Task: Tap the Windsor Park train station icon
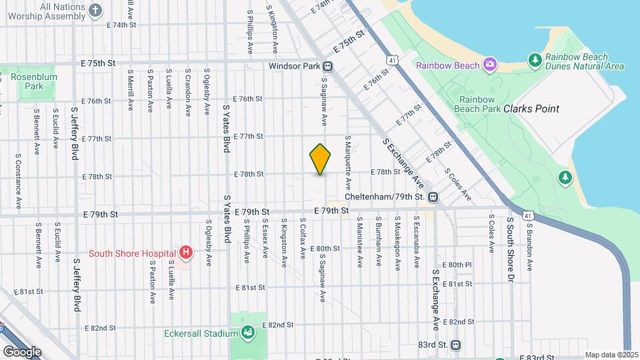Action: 328,66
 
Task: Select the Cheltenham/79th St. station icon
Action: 433,197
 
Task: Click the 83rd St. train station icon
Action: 456,345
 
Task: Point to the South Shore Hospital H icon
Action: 187,253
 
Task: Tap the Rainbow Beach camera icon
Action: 490,65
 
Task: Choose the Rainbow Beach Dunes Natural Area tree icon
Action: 535,61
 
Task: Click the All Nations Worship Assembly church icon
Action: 95,10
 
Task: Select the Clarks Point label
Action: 531,109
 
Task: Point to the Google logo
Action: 22,351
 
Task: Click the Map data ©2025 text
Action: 611,355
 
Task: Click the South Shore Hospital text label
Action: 132,253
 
